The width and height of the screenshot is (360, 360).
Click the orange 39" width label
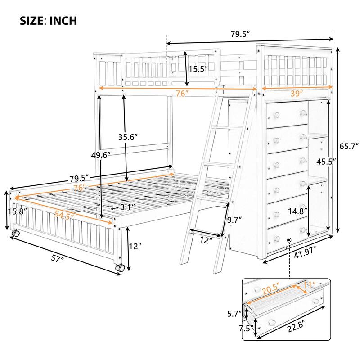point(295,94)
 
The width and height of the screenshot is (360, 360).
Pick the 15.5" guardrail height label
point(198,69)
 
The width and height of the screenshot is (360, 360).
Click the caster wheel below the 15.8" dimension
point(16,234)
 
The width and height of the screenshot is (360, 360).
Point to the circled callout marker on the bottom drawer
point(288,240)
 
